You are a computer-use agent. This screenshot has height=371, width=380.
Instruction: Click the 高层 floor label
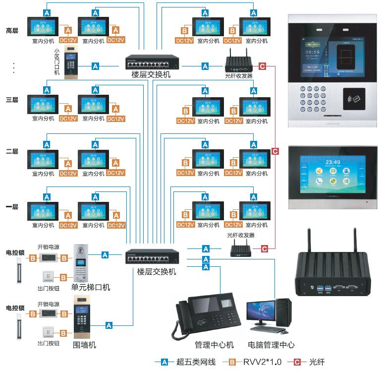pos(12,31)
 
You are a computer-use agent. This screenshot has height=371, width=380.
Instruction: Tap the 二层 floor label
pos(12,151)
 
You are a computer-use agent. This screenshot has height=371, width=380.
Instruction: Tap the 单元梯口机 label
pos(91,288)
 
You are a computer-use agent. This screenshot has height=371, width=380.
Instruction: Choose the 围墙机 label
pos(84,345)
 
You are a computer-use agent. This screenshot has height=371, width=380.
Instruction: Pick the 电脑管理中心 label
pos(271,345)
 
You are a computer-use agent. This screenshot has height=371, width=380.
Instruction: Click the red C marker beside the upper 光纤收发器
pos(263,65)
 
